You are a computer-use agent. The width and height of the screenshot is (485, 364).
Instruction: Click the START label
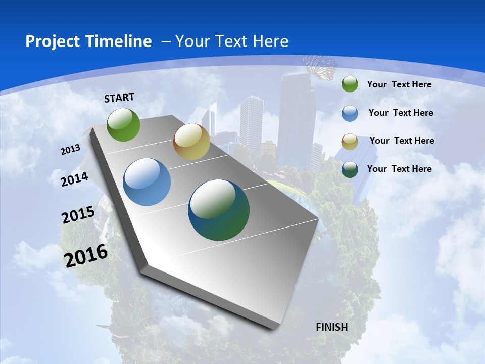119,97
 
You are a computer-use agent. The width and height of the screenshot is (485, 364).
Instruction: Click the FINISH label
332,327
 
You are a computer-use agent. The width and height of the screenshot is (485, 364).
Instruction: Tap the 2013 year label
70,149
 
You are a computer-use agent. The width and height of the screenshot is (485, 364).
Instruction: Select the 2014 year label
75,179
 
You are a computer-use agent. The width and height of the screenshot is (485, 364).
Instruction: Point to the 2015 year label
78,215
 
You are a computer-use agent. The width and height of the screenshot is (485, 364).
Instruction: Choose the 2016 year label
86,255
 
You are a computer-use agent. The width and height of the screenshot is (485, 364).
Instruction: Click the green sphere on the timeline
123,124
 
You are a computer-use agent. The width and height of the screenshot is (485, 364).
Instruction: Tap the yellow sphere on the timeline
191,142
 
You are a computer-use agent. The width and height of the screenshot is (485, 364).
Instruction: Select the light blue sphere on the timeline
147,182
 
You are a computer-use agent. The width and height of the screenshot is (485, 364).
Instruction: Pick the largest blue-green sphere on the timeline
219,210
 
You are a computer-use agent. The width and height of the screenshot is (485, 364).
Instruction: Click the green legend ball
350,84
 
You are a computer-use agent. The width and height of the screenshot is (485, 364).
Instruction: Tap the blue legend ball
350,113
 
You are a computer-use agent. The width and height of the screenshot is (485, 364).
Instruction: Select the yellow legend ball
350,142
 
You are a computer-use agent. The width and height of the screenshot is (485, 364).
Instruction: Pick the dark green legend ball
350,169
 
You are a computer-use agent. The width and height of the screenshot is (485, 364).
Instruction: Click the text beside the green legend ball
399,84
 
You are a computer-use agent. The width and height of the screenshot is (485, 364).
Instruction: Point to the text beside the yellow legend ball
402,141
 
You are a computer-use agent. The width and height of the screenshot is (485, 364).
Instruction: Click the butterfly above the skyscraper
320,67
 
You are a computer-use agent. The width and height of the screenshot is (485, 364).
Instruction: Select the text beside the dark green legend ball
399,169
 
